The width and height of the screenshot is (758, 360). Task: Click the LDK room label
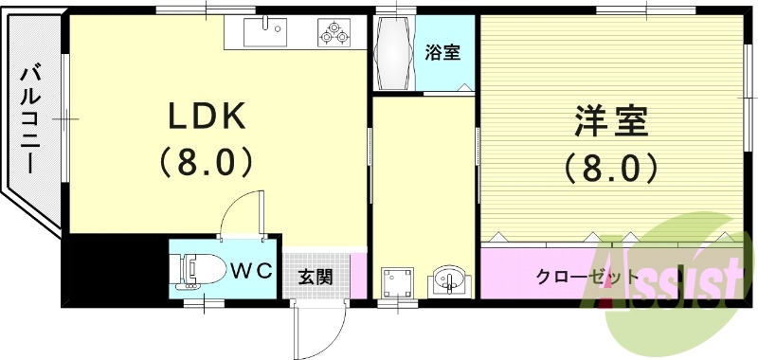tap(207, 117)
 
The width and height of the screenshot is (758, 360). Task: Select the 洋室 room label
tap(610, 122)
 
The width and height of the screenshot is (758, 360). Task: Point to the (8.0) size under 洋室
tap(610, 168)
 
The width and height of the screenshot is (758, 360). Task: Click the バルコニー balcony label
tap(29, 117)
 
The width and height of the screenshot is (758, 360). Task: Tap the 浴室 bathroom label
tap(442, 52)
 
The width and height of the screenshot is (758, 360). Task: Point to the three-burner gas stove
tap(334, 33)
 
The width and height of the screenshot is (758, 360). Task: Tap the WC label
tap(252, 271)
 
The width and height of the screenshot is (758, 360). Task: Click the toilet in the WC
tap(197, 270)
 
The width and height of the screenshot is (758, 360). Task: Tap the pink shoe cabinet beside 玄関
tap(357, 274)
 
